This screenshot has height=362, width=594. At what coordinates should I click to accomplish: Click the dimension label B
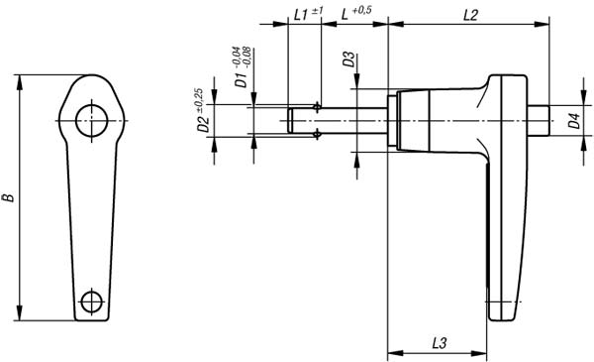[9, 197]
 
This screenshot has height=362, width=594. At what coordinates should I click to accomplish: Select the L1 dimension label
[301, 15]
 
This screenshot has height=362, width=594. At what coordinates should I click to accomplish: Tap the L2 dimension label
[470, 15]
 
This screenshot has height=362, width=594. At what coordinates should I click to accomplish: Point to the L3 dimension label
[440, 343]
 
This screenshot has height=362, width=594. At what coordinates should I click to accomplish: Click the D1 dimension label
[241, 80]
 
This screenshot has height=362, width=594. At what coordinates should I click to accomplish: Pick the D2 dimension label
[203, 124]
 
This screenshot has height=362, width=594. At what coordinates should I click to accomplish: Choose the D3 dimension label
[349, 60]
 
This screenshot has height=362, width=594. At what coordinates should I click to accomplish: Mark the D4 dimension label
[574, 121]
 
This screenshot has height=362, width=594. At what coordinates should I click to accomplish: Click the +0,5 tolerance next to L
[361, 10]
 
